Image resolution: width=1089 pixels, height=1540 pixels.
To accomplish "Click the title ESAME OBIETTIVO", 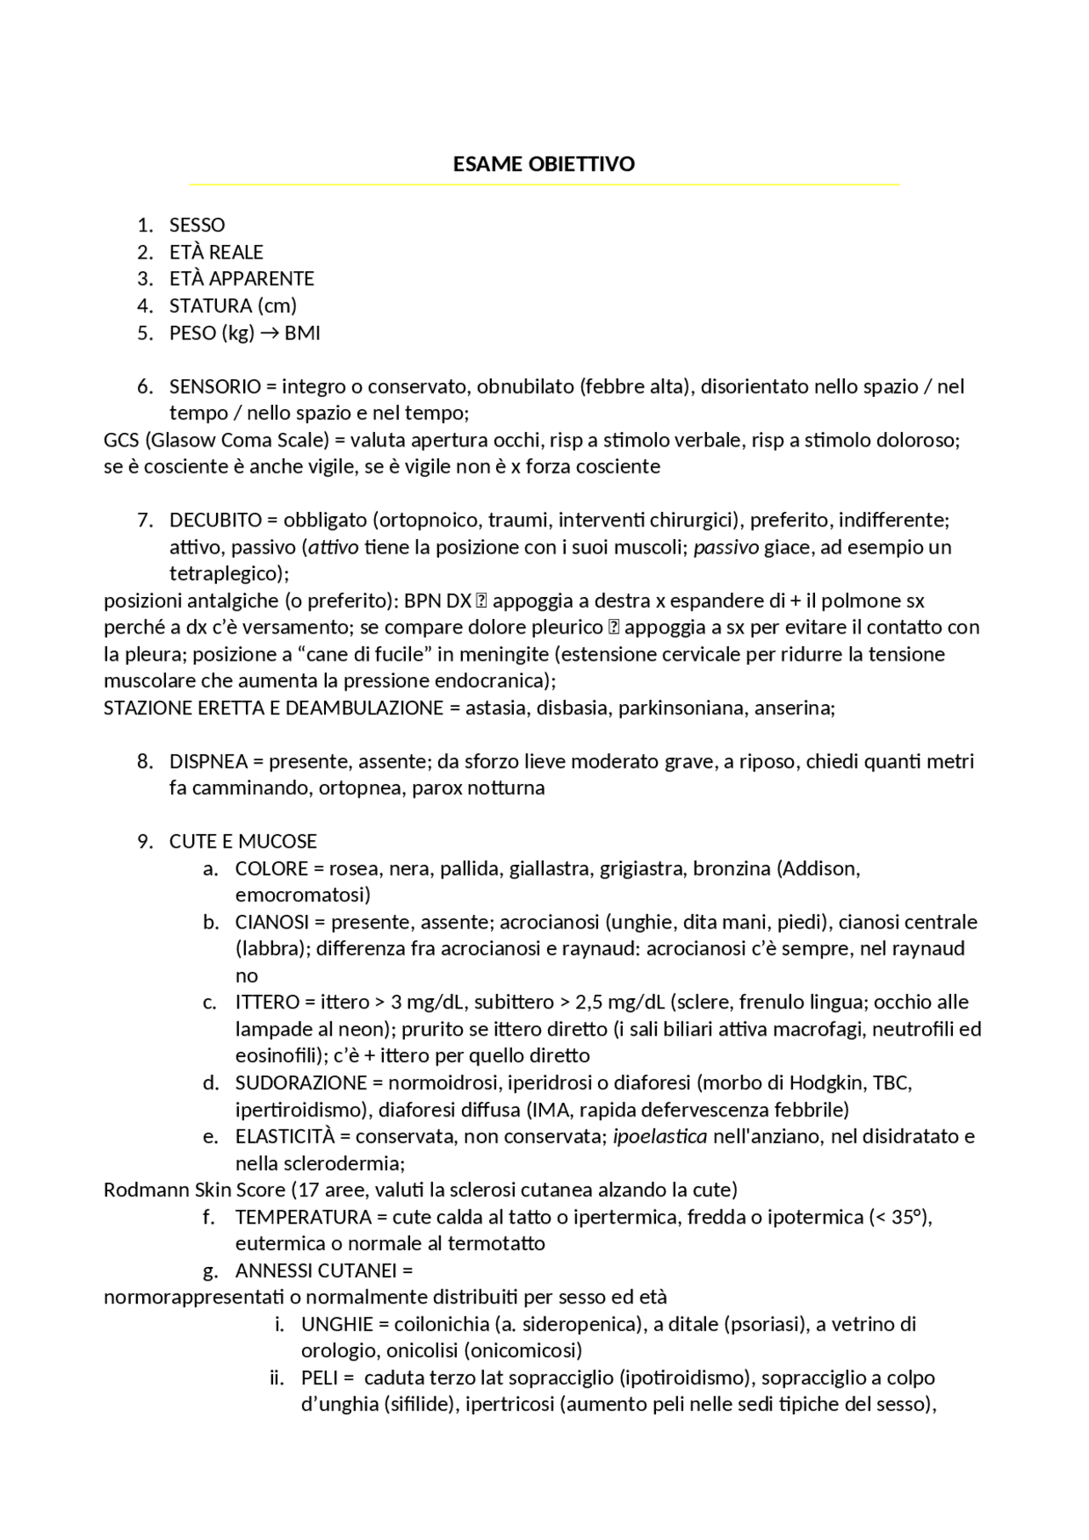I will click(x=544, y=164).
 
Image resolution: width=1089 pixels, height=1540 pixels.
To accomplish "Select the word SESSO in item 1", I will click(x=197, y=225).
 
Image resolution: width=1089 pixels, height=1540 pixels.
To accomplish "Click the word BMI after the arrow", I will click(x=302, y=332).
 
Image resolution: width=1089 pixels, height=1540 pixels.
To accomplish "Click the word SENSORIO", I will click(x=215, y=387).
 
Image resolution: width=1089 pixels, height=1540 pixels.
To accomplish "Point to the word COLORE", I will click(x=271, y=869).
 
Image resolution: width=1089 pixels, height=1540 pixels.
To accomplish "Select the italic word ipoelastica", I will click(x=659, y=1137).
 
